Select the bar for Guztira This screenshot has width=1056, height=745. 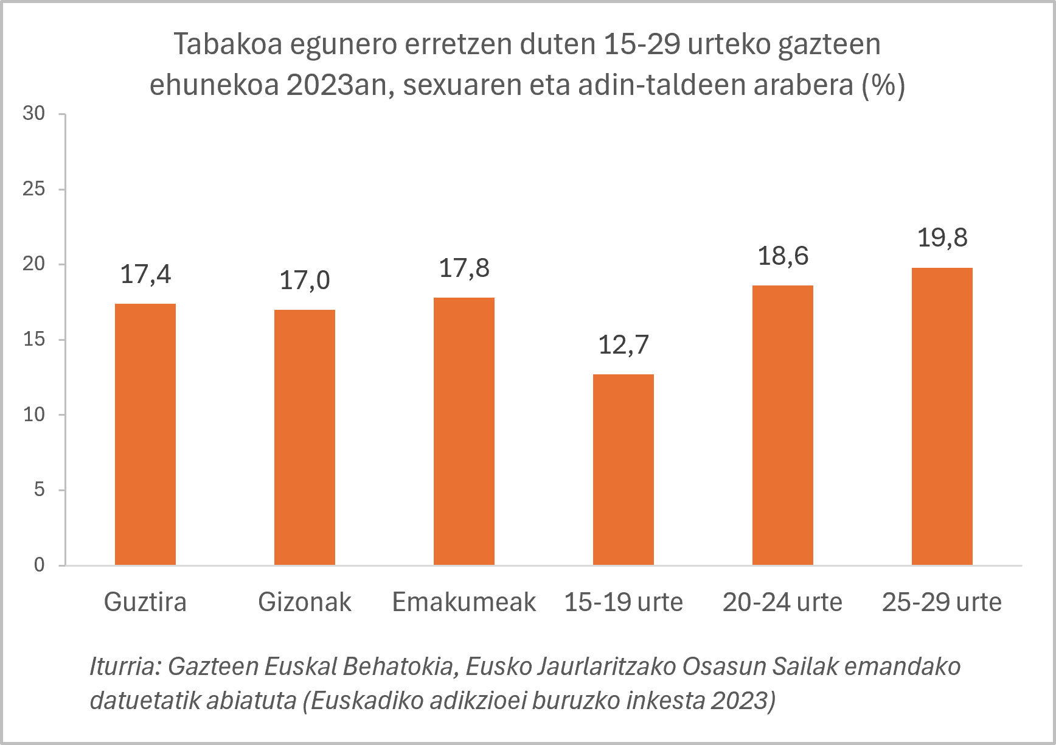point(145,434)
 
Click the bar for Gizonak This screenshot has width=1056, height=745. point(305,437)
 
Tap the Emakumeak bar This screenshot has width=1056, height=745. point(464,431)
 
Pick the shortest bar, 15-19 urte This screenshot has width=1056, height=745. point(624,469)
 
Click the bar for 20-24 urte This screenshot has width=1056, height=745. point(783,425)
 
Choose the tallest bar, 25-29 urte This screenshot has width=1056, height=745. point(942,416)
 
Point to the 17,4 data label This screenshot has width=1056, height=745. point(146,275)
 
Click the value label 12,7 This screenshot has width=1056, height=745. point(624,345)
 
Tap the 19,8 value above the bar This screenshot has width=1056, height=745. point(942,238)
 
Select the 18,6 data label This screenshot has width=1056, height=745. point(783,256)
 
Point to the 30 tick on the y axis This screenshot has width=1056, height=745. point(34,113)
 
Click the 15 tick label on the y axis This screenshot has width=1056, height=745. point(34,339)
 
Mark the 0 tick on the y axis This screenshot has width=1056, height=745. point(40,565)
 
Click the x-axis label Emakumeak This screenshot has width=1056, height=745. point(464,602)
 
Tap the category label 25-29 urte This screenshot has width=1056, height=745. point(942,602)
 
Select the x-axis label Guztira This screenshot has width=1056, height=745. point(145,602)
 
